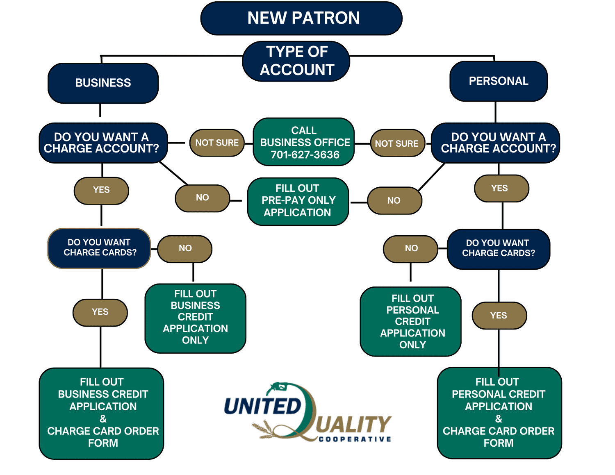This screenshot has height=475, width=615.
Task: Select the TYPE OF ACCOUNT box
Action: pyautogui.click(x=296, y=61)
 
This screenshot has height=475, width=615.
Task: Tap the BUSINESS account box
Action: pyautogui.click(x=103, y=83)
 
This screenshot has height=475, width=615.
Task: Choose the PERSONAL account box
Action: pyautogui.click(x=498, y=81)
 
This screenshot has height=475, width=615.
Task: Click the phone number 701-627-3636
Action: pyautogui.click(x=305, y=155)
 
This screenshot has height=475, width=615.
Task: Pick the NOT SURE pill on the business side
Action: pyautogui.click(x=216, y=143)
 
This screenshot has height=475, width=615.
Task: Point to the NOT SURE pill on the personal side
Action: pyautogui.click(x=396, y=143)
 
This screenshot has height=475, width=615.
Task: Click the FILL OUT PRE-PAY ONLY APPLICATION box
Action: pyautogui.click(x=298, y=201)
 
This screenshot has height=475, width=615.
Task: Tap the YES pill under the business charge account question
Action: pyautogui.click(x=101, y=190)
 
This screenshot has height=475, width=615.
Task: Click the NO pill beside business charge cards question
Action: pyautogui.click(x=185, y=248)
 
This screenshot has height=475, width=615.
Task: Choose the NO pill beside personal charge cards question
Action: pyautogui.click(x=411, y=248)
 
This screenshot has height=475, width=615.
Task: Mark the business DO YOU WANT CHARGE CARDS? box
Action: pyautogui.click(x=100, y=248)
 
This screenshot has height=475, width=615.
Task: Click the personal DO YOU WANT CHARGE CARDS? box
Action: pyautogui.click(x=498, y=248)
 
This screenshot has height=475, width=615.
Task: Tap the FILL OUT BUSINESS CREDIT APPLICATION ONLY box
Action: pyautogui.click(x=195, y=318)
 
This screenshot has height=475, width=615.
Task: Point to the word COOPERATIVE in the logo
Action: pyautogui.click(x=355, y=439)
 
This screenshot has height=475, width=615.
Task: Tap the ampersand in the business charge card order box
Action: pyautogui.click(x=103, y=419)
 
